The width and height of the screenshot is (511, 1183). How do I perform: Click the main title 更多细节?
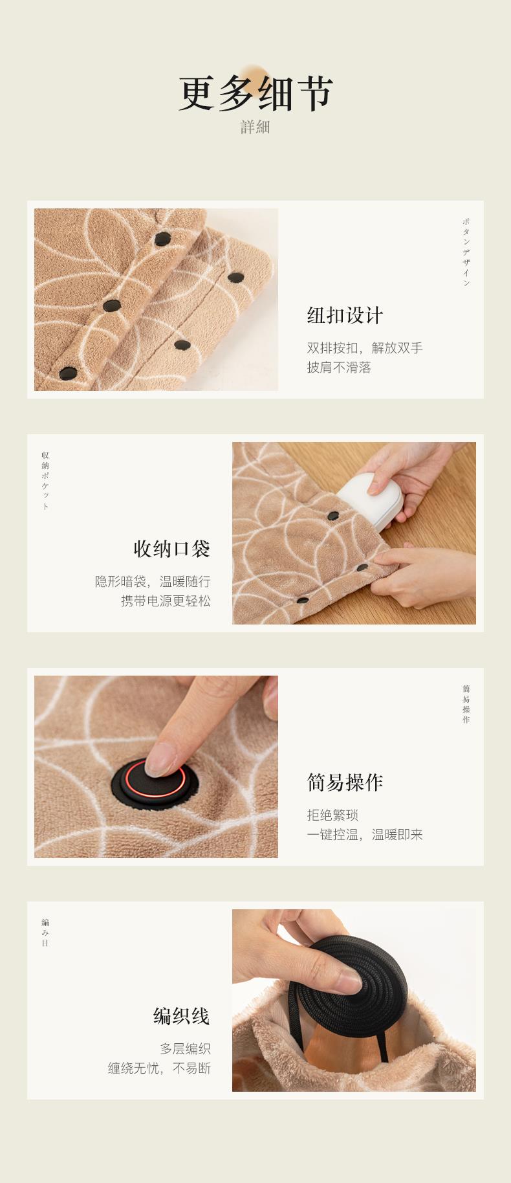coord(255,94)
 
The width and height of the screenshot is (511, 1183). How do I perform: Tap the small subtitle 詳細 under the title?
coord(255,127)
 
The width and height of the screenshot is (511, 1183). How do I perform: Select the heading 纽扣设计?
coord(345,316)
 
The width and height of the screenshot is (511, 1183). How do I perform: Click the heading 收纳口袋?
coord(172,549)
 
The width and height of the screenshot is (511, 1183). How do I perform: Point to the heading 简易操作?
coord(345,782)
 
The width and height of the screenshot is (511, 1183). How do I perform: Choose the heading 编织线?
coord(182,1016)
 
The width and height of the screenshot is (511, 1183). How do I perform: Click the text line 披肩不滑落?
coord(339,368)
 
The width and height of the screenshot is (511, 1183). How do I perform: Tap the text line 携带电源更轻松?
coord(166,601)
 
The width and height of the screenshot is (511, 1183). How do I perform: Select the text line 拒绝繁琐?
coord(332,815)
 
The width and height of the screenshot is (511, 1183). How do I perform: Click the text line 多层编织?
coord(185,1048)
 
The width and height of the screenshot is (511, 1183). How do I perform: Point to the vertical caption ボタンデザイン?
coord(466,252)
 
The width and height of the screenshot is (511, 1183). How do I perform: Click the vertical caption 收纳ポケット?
coord(45,481)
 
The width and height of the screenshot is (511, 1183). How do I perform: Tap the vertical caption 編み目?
coord(45,933)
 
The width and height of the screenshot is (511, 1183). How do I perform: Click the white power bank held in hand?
coord(368,495)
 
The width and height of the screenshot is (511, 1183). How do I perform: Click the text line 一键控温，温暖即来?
coord(365,834)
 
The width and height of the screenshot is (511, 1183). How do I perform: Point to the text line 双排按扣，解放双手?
coord(365,348)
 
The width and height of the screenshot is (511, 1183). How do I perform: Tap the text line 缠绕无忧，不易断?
coord(159,1068)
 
